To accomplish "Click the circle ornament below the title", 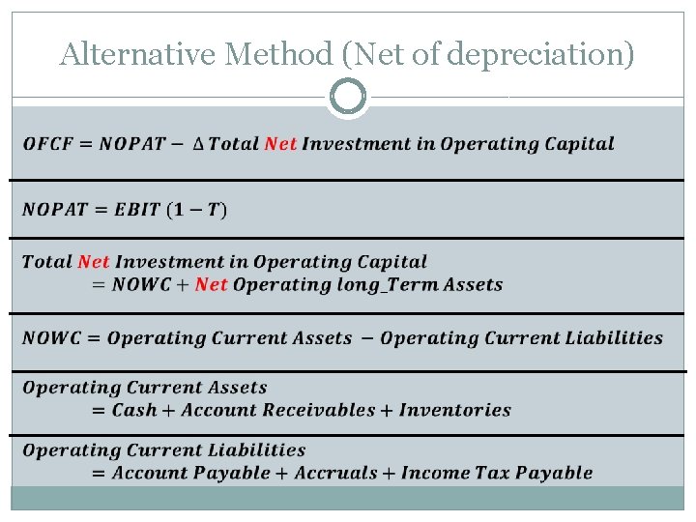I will (348, 97).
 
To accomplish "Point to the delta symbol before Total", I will (198, 144).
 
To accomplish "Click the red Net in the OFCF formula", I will (280, 144).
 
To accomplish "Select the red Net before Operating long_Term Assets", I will (211, 284).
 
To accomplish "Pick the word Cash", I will (134, 410).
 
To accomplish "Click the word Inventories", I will (455, 410).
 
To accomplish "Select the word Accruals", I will (335, 473).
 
